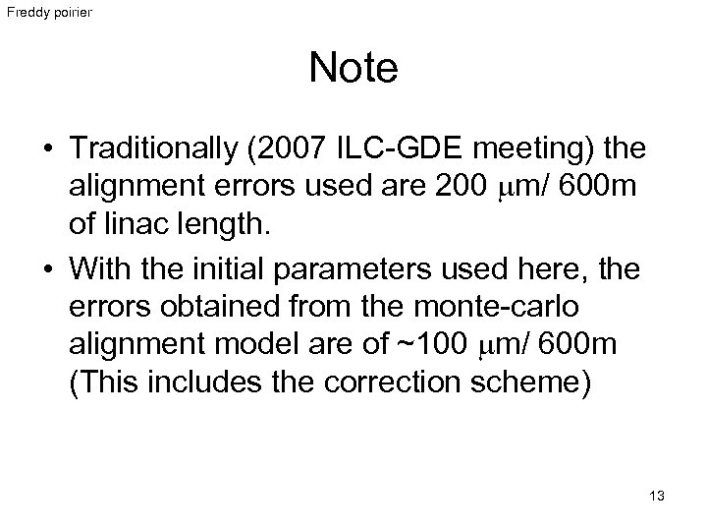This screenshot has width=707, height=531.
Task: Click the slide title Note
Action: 353,69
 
